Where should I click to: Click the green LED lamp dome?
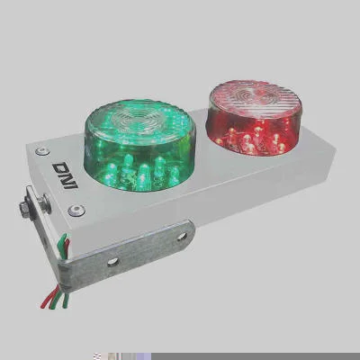coord(139,145)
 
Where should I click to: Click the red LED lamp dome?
coord(255,118)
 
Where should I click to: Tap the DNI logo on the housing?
coord(65,175)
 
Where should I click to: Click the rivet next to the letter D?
coord(42,151)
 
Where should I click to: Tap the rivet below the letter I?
coord(76,210)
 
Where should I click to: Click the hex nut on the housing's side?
coord(25,207)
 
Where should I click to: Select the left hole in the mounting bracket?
coord(113,262)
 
